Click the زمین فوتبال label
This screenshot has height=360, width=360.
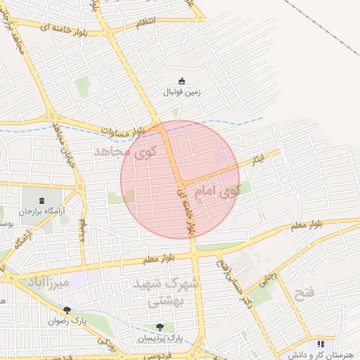pos(183,92)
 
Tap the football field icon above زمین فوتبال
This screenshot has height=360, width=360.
pos(182,80)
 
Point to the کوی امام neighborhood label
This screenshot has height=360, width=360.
pos(217,189)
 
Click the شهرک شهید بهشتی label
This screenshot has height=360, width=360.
pos(167,292)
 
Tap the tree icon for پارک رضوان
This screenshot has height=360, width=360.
pos(67,309)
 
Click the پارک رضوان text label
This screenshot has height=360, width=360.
pos(67,321)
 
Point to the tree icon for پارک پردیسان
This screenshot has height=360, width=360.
pos(160,326)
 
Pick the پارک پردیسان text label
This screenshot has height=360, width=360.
pos(160,337)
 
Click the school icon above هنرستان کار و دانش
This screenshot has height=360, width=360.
pos(321,344)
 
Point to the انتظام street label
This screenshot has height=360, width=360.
pos(144,23)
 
